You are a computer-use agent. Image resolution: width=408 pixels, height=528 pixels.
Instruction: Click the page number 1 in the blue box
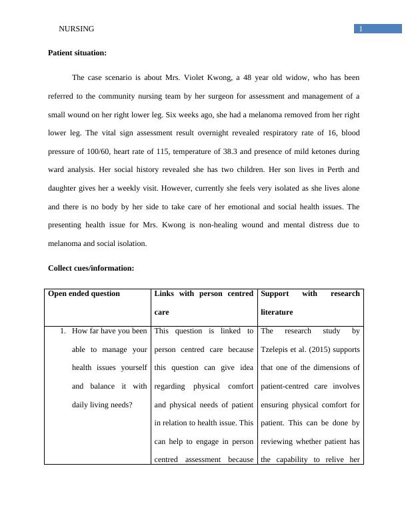coord(361,29)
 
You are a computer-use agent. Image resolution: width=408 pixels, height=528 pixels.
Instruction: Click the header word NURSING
coord(77,29)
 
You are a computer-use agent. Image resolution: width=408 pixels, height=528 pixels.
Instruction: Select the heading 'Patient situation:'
coord(77,53)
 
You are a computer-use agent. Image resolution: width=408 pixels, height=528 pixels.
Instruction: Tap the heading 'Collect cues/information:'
coord(91,268)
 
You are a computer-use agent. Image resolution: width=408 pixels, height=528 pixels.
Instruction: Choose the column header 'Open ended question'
coord(84,293)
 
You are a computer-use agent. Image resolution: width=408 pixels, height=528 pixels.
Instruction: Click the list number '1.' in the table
coord(65,331)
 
